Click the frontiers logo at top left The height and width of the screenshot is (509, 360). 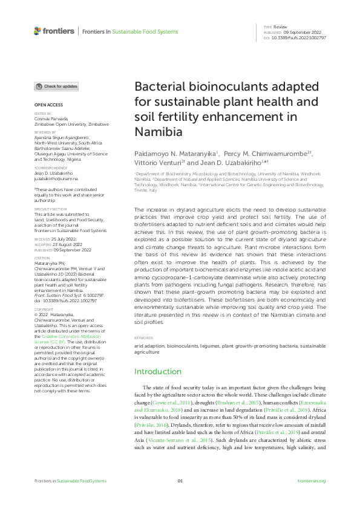click(x=54, y=31)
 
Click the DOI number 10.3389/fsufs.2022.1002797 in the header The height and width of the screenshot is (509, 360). click(x=299, y=37)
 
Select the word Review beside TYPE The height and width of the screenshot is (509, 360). click(x=280, y=27)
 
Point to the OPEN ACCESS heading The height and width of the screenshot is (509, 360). click(x=48, y=105)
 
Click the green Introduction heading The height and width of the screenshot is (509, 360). click(x=157, y=371)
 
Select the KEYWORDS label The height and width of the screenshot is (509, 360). click(x=143, y=337)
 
